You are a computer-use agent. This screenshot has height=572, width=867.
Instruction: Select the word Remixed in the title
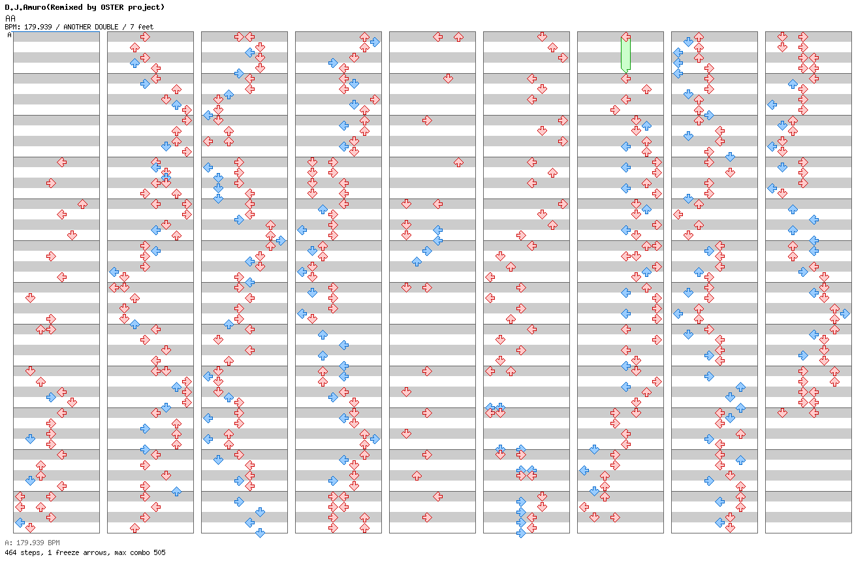pos(66,7)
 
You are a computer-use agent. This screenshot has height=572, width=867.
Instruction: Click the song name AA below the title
pos(10,18)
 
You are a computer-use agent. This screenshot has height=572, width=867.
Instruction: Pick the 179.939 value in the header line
pos(38,27)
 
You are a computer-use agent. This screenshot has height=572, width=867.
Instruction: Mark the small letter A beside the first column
pos(10,35)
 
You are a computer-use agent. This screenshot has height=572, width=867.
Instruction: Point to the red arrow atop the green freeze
pos(625,37)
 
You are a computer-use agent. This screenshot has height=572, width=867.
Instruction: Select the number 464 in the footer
pos(10,552)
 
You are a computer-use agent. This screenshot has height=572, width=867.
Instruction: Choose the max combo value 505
pos(159,552)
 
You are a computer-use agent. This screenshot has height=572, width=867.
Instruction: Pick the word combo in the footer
pos(140,552)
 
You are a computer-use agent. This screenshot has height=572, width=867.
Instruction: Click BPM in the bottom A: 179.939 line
pos(54,543)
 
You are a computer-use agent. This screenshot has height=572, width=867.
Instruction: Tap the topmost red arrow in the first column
pos(61,162)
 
